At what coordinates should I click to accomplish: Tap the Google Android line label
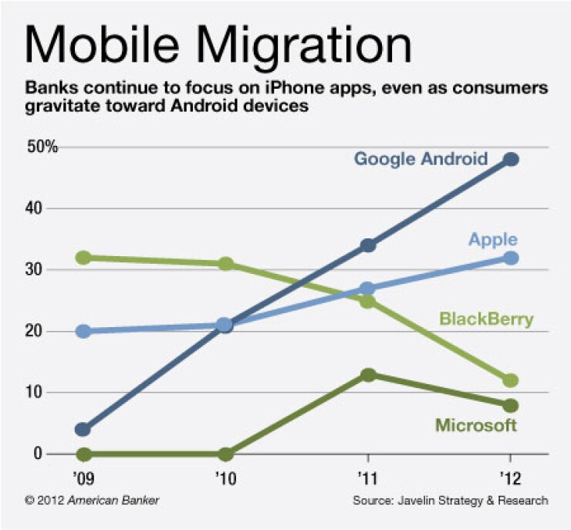421,159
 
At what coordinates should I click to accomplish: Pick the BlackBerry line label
486,319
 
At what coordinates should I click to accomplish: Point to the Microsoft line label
476,425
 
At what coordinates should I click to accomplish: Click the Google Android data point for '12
510,159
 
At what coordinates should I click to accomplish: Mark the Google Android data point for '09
83,430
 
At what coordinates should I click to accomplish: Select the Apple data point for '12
510,258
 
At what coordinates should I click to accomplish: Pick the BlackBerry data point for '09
83,258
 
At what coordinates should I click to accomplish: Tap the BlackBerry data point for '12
510,380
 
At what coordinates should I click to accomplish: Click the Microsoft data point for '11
368,375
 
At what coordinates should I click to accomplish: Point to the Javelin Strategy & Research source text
451,501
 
